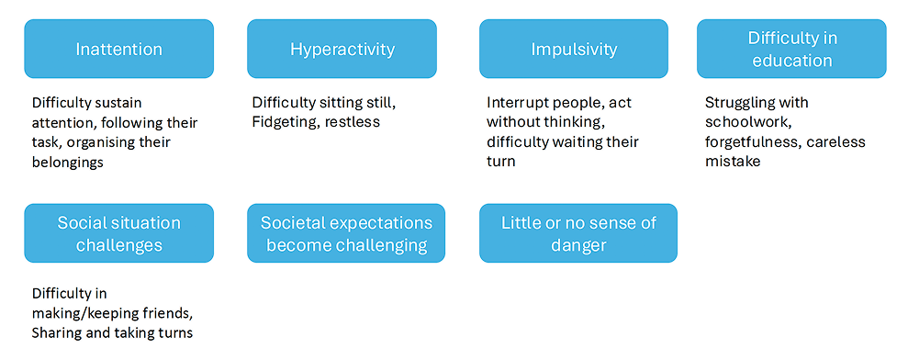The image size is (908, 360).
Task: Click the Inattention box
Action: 118,49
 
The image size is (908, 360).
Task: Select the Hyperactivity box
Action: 342,49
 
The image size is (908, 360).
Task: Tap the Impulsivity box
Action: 573,49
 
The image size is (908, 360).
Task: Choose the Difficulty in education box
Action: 791,49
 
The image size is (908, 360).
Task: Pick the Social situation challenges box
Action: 118,233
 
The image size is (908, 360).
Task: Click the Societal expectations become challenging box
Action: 346,233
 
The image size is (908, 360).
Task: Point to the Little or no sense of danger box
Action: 577,233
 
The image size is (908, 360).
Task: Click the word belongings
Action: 68,163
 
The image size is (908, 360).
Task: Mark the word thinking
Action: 570,123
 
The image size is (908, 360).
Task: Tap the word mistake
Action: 733,162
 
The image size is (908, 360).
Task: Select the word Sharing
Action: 57,333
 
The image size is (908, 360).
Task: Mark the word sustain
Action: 118,103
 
